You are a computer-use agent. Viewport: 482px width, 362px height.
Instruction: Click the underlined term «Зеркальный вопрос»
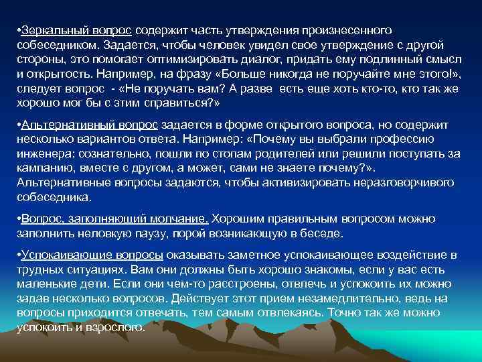pyautogui.click(x=77, y=31)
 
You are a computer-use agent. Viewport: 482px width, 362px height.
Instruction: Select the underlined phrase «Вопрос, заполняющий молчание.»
pyautogui.click(x=114, y=219)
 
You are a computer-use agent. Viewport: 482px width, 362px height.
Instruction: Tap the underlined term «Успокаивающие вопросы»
pyautogui.click(x=92, y=255)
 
